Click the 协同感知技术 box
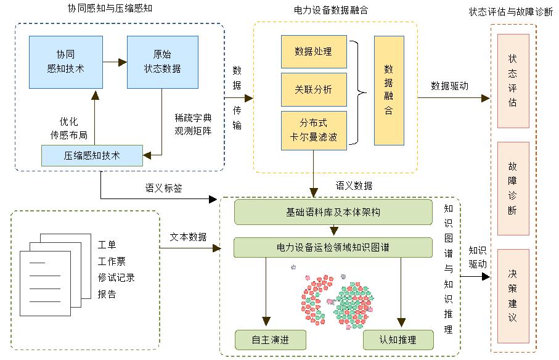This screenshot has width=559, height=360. tap(66, 62)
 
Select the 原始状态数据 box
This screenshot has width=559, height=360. tap(162, 62)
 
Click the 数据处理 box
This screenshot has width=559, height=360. tap(314, 52)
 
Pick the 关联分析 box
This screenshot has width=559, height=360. tap(314, 89)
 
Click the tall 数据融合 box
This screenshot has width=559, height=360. tap(389, 91)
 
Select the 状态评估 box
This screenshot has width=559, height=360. tap(513, 81)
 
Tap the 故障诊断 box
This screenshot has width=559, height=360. tap(513, 189)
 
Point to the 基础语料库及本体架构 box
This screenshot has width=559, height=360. tap(333, 213)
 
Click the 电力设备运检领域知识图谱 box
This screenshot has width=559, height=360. tap(333, 248)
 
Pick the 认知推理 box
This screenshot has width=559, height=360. tap(398, 340)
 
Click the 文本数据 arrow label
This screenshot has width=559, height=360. tap(189, 237)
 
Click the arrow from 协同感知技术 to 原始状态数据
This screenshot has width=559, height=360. tap(115, 62)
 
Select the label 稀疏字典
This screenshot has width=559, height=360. tap(193, 117)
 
